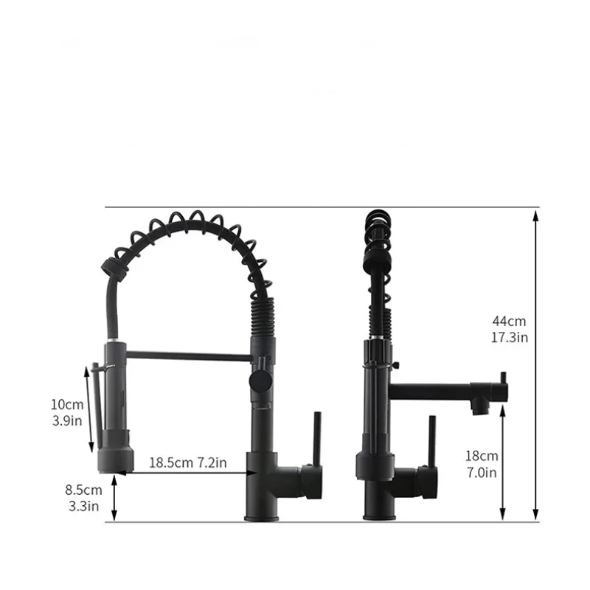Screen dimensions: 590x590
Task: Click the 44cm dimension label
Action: (509, 321)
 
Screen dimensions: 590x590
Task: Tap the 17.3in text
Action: (510, 338)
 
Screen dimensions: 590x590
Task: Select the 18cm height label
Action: (482, 456)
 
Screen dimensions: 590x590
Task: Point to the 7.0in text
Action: (482, 472)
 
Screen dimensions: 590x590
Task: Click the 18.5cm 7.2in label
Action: (188, 462)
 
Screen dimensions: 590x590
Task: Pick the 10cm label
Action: (67, 404)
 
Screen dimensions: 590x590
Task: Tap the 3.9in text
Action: (67, 420)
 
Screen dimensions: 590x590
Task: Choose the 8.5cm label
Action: (83, 490)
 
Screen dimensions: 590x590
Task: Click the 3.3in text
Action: (83, 506)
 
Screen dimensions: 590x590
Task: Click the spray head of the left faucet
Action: (116, 451)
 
